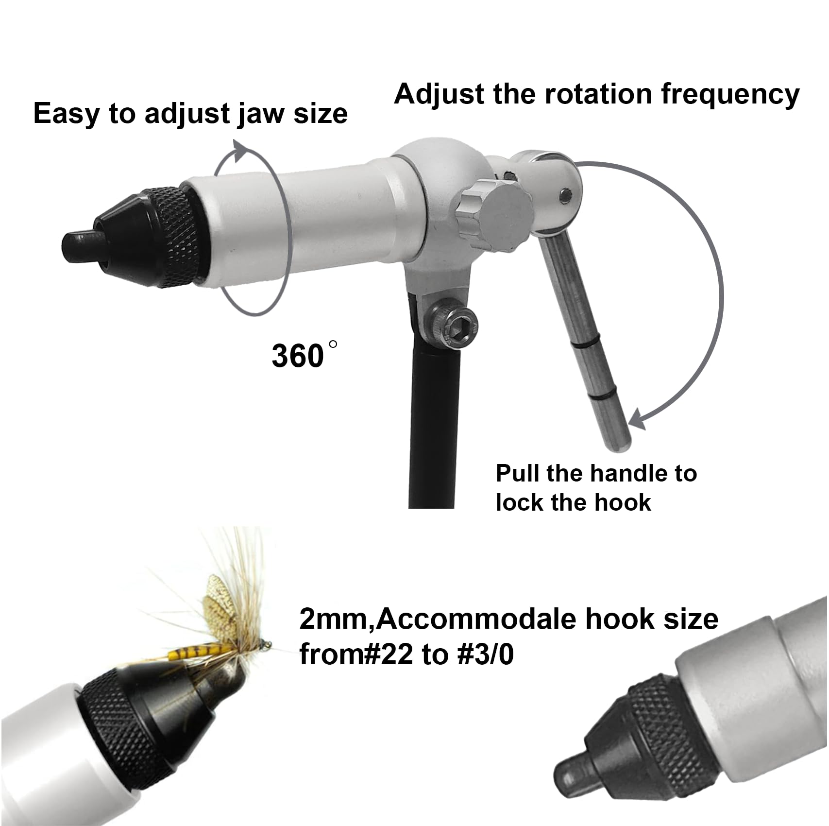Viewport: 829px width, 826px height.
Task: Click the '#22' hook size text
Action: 389,655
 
